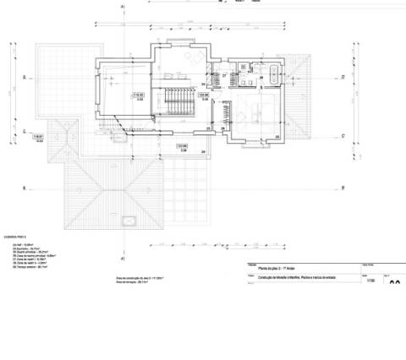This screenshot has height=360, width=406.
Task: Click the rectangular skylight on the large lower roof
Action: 129,221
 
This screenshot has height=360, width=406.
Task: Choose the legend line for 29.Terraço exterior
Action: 30,265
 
